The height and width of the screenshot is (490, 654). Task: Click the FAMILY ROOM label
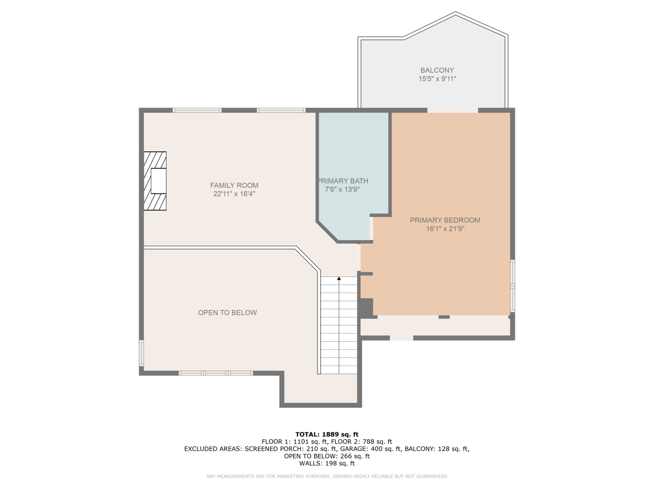(234, 185)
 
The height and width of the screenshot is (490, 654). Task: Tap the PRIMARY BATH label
(343, 181)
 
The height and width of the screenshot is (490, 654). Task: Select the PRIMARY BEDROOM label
(445, 220)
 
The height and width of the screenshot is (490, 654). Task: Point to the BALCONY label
(437, 70)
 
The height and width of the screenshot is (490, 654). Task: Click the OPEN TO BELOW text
(227, 313)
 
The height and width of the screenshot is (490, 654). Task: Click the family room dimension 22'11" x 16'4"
(234, 194)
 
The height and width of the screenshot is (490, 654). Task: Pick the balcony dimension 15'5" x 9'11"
(437, 79)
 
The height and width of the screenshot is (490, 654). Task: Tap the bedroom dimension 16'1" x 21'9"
(445, 229)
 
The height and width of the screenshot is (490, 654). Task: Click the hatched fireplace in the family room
(155, 181)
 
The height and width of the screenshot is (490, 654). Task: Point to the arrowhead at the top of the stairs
(339, 279)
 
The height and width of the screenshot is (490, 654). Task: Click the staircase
(339, 327)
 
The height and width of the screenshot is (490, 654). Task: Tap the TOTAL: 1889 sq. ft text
(327, 434)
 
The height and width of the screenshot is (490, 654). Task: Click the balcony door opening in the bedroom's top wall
(452, 110)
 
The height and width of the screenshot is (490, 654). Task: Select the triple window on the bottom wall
(215, 373)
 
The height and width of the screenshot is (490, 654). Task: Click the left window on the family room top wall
(197, 110)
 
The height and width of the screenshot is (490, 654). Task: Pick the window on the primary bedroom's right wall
(512, 286)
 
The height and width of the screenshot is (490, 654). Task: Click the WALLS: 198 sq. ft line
(327, 463)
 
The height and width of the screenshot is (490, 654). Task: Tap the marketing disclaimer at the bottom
(327, 476)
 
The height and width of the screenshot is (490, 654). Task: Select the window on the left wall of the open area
(141, 353)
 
